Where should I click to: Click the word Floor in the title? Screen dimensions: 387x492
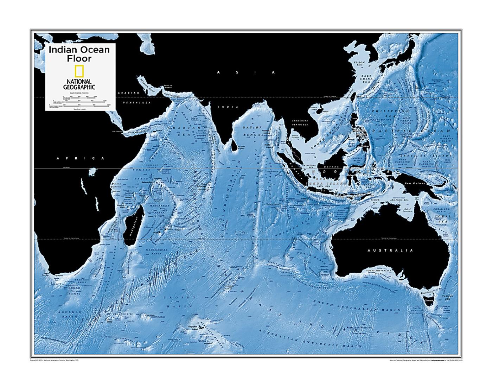(79, 58)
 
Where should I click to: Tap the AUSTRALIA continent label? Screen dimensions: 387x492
(390, 250)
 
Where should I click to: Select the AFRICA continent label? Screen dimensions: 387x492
(81, 158)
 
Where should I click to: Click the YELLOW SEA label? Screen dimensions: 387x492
(359, 64)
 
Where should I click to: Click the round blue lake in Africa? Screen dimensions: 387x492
(93, 173)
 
